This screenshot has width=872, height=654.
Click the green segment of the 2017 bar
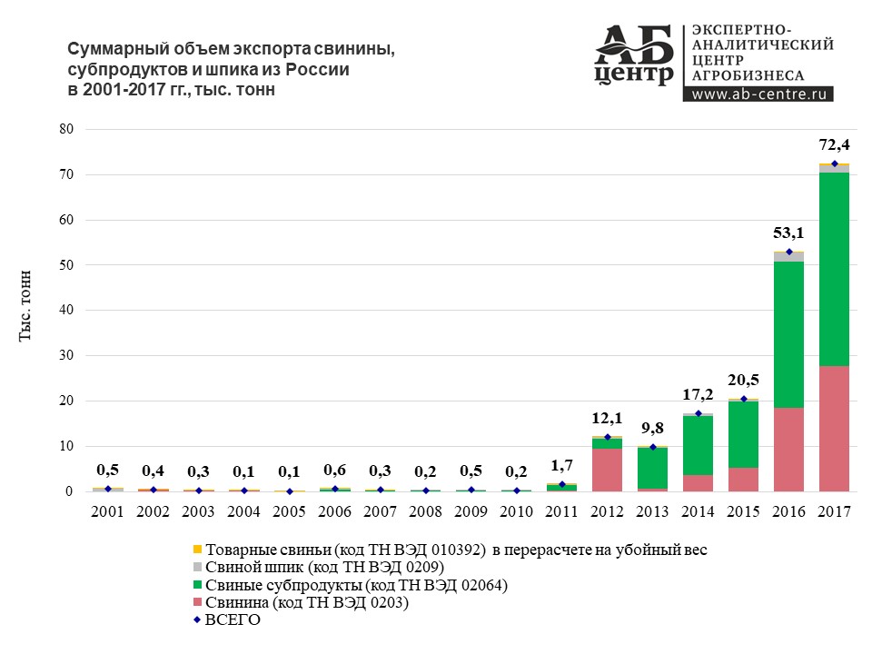click(x=834, y=269)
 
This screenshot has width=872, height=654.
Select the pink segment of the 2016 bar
click(x=788, y=450)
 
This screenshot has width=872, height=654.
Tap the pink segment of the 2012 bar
click(x=607, y=470)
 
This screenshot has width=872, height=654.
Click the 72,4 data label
click(x=834, y=144)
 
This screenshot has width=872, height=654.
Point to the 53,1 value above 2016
click(x=788, y=233)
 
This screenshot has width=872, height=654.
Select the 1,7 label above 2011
click(x=562, y=465)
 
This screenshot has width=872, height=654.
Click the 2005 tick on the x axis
click(x=290, y=511)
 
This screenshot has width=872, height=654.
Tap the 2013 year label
click(x=652, y=511)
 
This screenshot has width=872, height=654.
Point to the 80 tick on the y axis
click(x=65, y=129)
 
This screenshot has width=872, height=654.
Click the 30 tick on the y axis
click(x=65, y=356)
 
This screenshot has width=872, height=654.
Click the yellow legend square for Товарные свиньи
click(x=197, y=550)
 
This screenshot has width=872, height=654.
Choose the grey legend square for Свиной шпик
click(x=197, y=567)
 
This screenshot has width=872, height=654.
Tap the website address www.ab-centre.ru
click(x=758, y=93)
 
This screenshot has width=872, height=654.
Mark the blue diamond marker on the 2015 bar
click(x=743, y=399)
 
